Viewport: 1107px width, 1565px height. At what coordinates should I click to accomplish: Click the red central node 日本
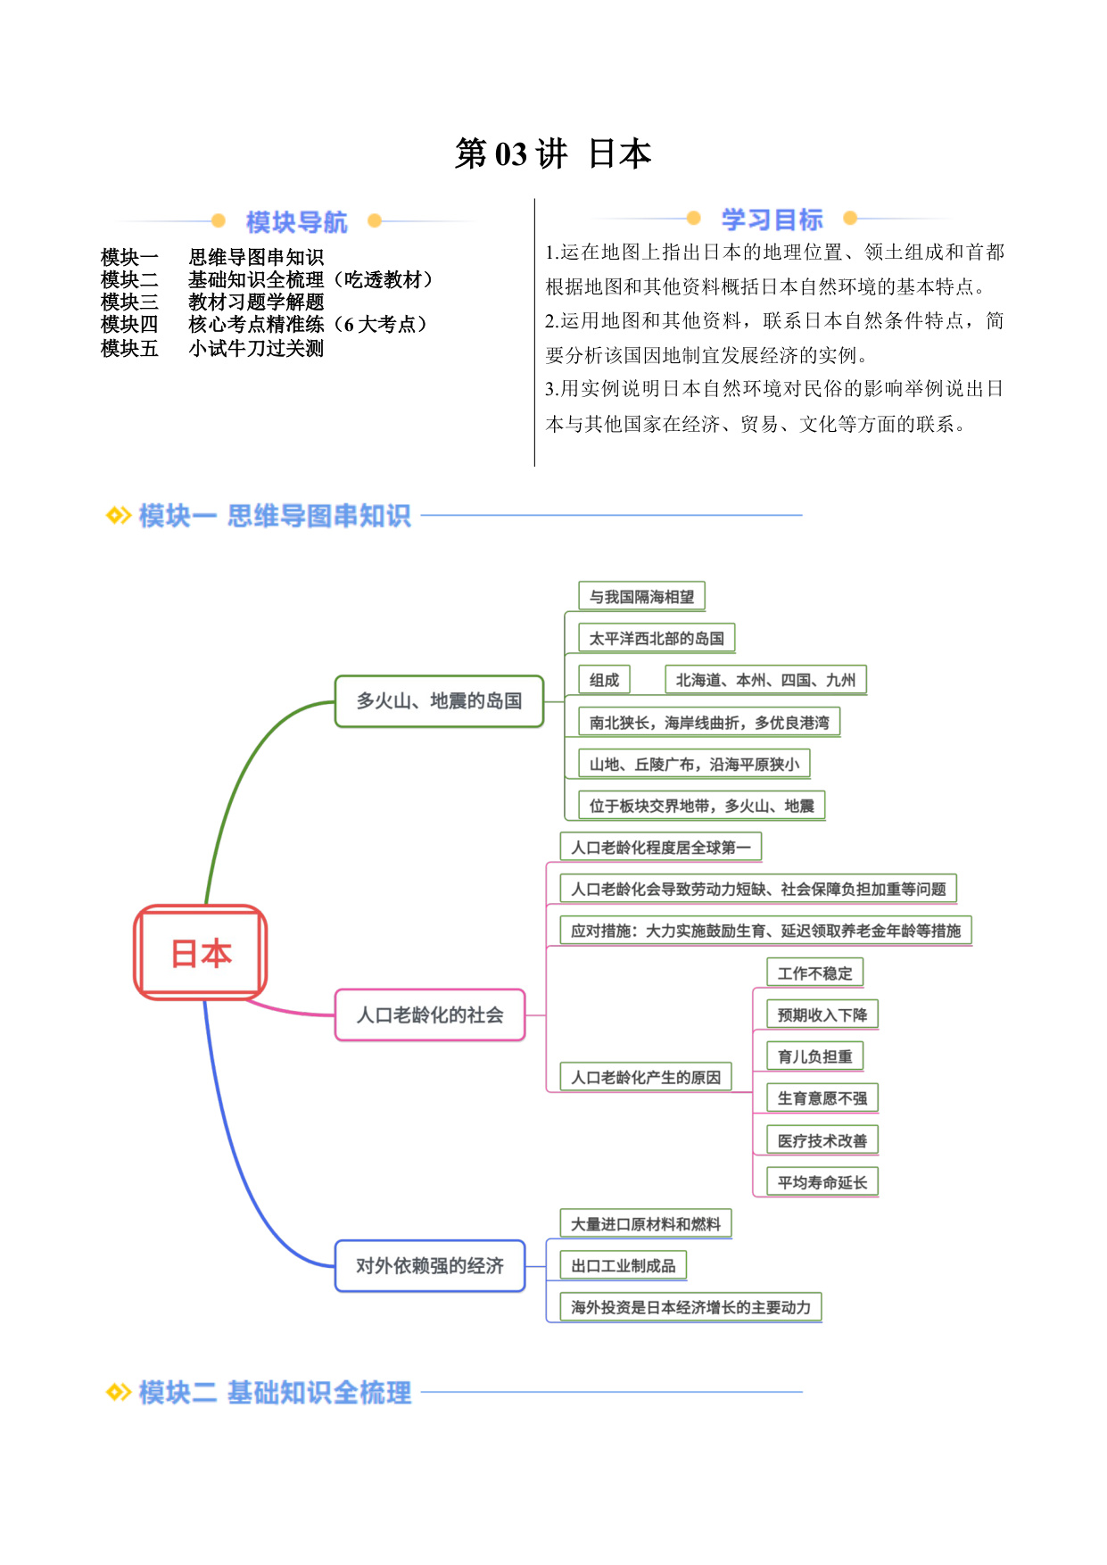(x=201, y=953)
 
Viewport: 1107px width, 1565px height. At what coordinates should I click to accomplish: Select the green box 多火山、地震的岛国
(x=439, y=701)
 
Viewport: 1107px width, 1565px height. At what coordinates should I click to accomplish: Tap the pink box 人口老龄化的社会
(x=430, y=1014)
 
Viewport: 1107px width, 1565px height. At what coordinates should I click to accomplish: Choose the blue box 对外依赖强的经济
(x=430, y=1265)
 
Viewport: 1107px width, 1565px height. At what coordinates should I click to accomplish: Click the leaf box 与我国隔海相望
(x=641, y=596)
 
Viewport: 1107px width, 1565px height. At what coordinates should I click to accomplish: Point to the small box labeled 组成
(x=604, y=680)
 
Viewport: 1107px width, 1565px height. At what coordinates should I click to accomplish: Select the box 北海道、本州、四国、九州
(x=765, y=680)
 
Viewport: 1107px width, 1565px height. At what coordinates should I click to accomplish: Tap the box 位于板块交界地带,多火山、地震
(x=701, y=806)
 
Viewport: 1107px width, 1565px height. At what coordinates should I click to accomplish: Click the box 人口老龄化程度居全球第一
(x=660, y=848)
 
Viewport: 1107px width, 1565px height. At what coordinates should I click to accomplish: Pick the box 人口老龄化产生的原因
(x=646, y=1077)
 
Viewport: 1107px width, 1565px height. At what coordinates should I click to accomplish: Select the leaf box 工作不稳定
(x=814, y=973)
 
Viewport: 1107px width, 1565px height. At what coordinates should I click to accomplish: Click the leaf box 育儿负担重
(x=814, y=1056)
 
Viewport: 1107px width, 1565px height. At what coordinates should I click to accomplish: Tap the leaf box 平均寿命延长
(x=822, y=1182)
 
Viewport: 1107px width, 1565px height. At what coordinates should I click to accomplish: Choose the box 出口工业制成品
(x=623, y=1265)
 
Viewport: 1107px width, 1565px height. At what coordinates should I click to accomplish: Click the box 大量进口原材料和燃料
(x=646, y=1224)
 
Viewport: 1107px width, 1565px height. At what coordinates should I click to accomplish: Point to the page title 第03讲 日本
(x=553, y=153)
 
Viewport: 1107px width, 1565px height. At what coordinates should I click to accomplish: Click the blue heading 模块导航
(x=296, y=221)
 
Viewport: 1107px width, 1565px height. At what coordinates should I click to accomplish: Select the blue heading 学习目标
(x=772, y=219)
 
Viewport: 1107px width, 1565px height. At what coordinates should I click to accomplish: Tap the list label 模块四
(x=129, y=325)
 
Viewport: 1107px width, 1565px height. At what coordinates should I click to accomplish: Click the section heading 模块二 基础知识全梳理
(x=275, y=1392)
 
